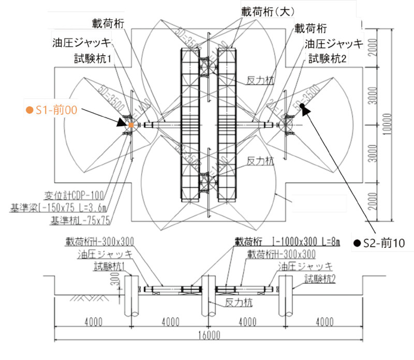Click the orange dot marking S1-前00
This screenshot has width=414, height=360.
coord(131,125)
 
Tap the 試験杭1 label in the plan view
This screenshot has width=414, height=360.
coord(93,60)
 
